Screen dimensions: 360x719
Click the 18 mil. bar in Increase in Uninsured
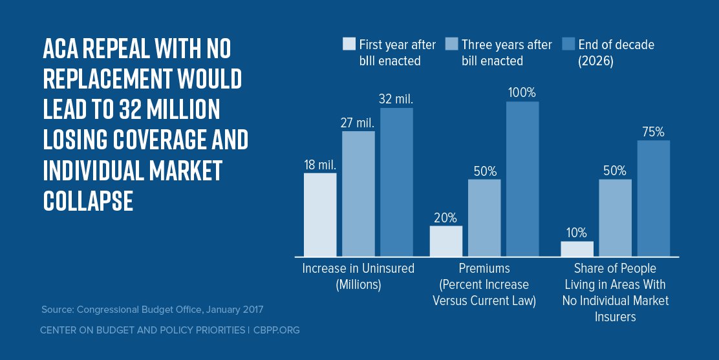320,215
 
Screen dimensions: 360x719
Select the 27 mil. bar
358,194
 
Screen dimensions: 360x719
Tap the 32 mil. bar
396,182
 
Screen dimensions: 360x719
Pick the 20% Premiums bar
446,241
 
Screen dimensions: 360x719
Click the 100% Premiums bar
522,179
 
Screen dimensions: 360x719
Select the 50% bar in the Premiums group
484,218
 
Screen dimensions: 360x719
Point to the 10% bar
577,249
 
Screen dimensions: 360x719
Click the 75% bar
654,198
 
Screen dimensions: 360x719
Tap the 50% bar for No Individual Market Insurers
616,218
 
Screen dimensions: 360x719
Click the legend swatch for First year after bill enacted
349,45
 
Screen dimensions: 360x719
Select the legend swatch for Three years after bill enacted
452,45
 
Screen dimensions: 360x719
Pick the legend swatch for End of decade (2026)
568,45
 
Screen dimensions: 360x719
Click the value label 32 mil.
396,100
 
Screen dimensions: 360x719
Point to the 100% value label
522,92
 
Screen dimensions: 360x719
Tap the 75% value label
654,132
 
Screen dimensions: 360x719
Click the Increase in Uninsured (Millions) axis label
358,276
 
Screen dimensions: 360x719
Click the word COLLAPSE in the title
88,201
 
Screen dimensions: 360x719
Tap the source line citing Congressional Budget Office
153,310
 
